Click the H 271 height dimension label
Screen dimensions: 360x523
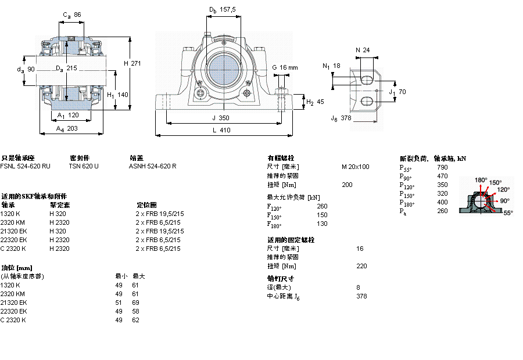(x=133, y=63)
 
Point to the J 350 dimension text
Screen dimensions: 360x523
(x=221, y=118)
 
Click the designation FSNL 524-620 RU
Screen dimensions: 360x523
(x=25, y=166)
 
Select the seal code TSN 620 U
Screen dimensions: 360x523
(x=84, y=166)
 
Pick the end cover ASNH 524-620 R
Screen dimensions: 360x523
(x=152, y=166)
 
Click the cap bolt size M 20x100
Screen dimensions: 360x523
(x=355, y=167)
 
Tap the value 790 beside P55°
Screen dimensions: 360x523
(x=442, y=167)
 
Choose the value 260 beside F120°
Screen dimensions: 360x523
(x=322, y=206)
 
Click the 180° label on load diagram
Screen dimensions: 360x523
(x=481, y=180)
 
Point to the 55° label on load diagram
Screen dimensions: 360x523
(x=507, y=213)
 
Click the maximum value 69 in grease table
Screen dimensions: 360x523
(x=135, y=303)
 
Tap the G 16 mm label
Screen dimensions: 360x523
(x=285, y=67)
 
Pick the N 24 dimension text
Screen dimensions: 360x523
(x=362, y=50)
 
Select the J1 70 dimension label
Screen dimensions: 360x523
(x=397, y=92)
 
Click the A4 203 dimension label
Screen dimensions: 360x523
(x=68, y=129)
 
